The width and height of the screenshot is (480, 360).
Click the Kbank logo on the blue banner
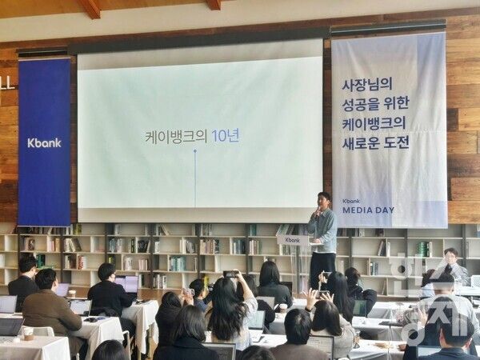[44, 142]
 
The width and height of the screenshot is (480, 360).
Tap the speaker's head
[323, 199]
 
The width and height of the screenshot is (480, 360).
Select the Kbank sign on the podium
[294, 239]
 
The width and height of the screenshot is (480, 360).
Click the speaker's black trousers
[323, 265]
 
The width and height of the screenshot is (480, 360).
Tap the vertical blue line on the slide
[194, 176]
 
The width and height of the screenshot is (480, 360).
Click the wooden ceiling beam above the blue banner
[90, 8]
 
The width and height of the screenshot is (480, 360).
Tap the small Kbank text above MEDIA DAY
[350, 202]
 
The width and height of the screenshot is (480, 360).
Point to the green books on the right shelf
[423, 249]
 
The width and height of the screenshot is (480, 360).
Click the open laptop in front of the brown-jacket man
[80, 306]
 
